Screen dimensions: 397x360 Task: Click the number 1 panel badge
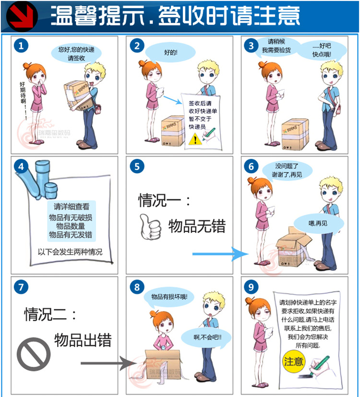click(x=20, y=46)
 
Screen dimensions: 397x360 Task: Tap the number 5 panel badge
click(x=137, y=167)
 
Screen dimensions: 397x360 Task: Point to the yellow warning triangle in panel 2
click(x=193, y=140)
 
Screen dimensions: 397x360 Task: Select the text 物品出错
click(x=83, y=340)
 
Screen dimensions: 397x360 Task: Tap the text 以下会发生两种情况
click(x=70, y=252)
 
